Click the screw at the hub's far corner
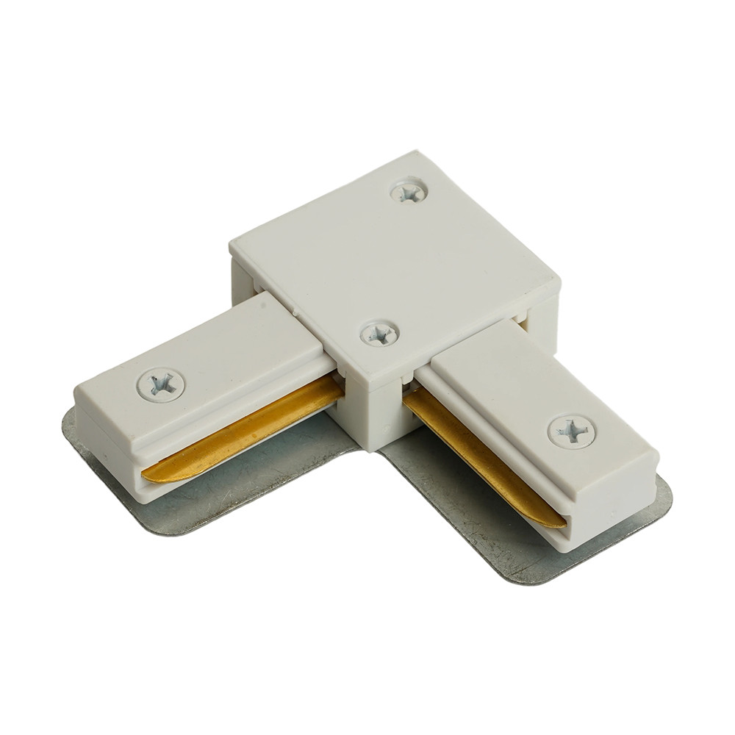pos(409,192)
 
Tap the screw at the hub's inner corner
pos(379,334)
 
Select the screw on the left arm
pos(160,384)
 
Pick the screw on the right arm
pos(571,430)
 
